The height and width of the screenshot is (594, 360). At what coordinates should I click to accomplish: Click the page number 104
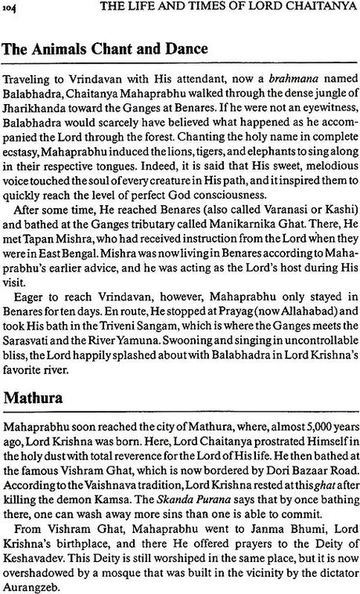click(14, 8)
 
